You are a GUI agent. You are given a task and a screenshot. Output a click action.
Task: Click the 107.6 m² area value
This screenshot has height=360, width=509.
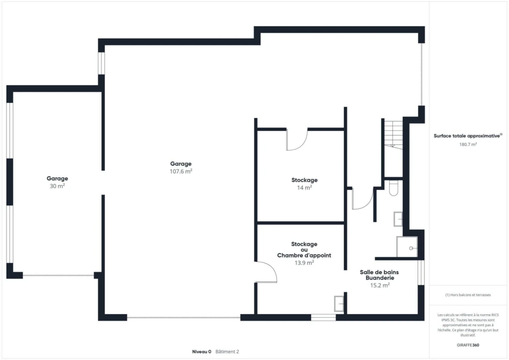[181, 171]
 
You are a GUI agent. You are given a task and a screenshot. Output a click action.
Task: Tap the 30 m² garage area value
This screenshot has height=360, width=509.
[57, 186]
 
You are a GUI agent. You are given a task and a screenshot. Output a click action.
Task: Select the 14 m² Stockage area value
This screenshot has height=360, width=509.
[305, 187]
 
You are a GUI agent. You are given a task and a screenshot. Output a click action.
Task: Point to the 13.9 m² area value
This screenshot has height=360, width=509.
[304, 263]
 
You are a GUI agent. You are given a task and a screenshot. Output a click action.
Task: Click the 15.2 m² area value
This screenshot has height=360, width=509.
[380, 285]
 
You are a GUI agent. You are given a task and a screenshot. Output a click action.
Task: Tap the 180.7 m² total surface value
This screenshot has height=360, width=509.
[468, 145]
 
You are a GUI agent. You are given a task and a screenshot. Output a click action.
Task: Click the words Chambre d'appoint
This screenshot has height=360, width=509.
[304, 256]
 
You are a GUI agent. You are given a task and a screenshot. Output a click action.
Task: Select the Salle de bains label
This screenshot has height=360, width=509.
[379, 272]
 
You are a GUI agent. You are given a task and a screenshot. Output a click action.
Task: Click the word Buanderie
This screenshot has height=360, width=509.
[380, 278]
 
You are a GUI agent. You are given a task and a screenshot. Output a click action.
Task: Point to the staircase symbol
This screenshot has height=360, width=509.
[394, 134]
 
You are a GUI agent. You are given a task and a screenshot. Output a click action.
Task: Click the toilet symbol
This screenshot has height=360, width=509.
[394, 188]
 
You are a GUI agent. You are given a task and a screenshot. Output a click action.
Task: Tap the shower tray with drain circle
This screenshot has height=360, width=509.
[407, 247]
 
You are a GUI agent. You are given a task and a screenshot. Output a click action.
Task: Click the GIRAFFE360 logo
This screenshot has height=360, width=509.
[468, 345]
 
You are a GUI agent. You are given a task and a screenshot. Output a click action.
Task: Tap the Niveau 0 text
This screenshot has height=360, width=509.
[202, 352]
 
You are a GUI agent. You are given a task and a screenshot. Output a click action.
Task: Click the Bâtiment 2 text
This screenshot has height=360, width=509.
[227, 352]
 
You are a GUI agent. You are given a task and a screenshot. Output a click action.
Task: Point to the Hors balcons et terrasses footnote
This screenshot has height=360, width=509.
[468, 295]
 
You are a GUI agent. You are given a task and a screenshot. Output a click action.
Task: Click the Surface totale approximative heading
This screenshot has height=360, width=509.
[467, 136]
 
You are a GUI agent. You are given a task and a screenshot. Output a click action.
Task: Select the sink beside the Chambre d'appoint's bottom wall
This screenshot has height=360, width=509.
[339, 304]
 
